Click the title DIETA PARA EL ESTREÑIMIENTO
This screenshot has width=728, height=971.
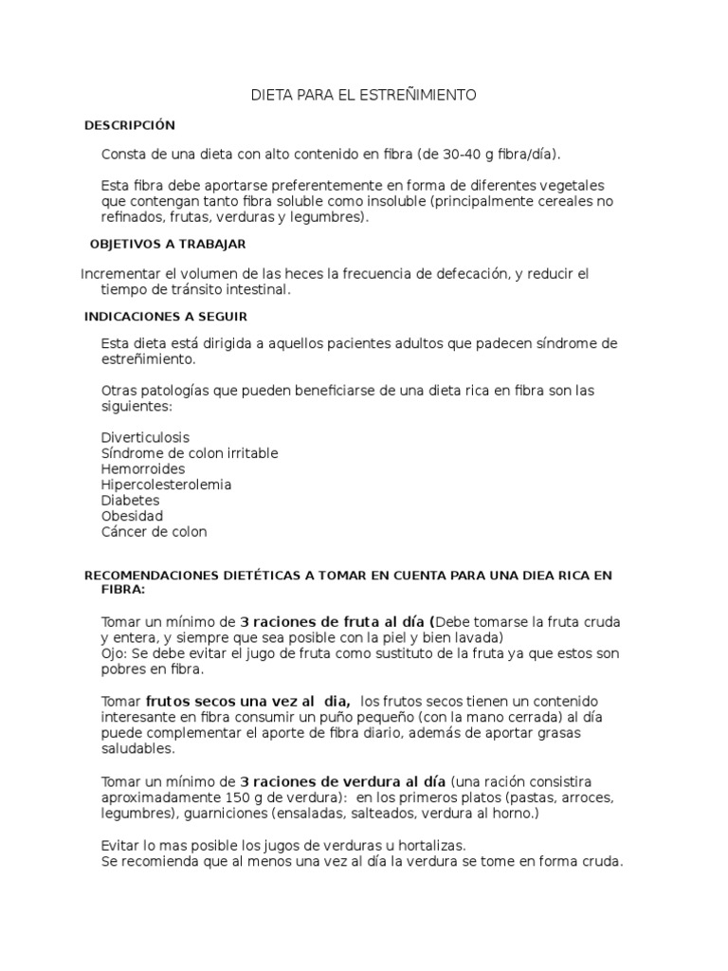(x=363, y=96)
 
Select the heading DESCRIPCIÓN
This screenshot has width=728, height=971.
(x=130, y=125)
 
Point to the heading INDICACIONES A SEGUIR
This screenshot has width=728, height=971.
(x=166, y=316)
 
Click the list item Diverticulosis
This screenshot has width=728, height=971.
(x=145, y=437)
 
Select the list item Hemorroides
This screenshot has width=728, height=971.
(x=143, y=468)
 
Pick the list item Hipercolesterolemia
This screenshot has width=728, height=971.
(x=166, y=485)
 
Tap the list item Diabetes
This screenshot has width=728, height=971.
(x=130, y=500)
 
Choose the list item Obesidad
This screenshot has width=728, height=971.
(x=132, y=516)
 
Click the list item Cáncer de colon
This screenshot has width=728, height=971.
(x=154, y=532)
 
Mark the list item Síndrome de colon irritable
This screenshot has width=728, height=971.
(x=190, y=453)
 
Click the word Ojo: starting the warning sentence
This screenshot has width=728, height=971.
(x=115, y=654)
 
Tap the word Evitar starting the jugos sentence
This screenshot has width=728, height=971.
(x=118, y=845)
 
